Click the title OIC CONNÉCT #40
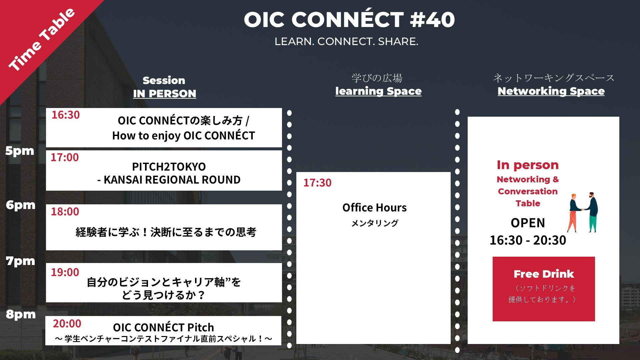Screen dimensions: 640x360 click(x=349, y=19)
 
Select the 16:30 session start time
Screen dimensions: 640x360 click(x=66, y=115)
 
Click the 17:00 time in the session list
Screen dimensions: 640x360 click(x=65, y=157)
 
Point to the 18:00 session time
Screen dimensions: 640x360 click(x=65, y=211)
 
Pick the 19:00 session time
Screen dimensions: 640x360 click(x=65, y=272)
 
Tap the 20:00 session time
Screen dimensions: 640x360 click(x=67, y=323)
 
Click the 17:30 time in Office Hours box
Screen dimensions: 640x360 click(x=317, y=183)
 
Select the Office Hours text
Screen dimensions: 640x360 click(x=374, y=208)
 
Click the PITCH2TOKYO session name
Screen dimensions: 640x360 click(x=169, y=166)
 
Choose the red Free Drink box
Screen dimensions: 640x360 click(x=544, y=289)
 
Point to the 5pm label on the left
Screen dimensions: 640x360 click(x=20, y=151)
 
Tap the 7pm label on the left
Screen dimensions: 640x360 click(x=20, y=261)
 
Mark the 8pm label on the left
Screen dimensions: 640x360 click(x=21, y=314)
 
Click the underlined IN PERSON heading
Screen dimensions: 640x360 click(x=165, y=94)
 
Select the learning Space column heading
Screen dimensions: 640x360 click(x=378, y=91)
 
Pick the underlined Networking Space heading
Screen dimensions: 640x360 click(x=551, y=91)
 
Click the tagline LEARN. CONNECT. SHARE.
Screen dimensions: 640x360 click(x=346, y=42)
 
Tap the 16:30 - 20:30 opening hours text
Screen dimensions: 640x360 click(x=528, y=240)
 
